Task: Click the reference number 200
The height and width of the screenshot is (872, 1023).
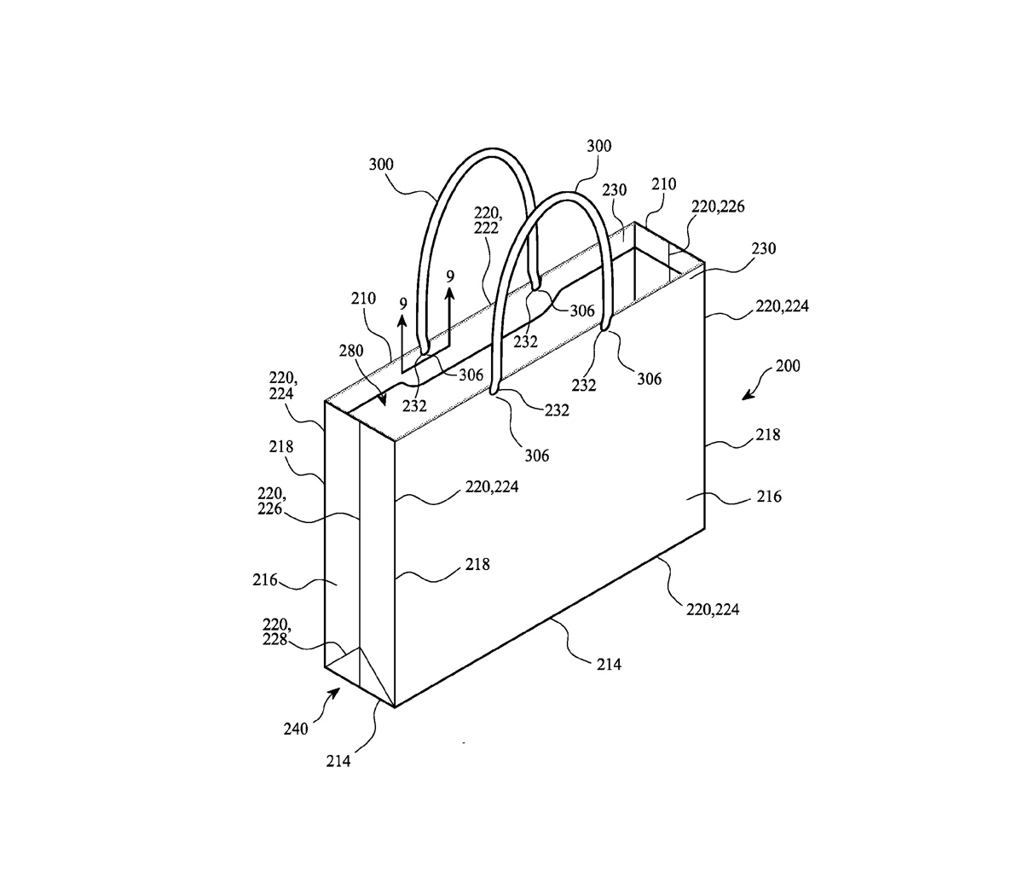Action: (x=788, y=367)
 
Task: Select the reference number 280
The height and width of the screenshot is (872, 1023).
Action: (x=350, y=350)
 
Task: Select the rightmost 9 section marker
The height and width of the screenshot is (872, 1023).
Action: (x=450, y=277)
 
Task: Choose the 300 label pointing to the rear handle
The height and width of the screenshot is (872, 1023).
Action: (x=382, y=162)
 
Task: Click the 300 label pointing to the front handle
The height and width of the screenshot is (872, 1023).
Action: (x=599, y=146)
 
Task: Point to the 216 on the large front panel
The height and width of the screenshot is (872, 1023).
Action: (x=768, y=496)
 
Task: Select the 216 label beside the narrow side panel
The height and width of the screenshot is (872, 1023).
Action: (x=265, y=579)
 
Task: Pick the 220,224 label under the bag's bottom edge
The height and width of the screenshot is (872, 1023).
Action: (x=714, y=609)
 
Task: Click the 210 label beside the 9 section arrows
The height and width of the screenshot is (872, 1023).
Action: (x=361, y=301)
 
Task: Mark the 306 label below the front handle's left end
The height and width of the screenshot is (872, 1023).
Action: (x=537, y=455)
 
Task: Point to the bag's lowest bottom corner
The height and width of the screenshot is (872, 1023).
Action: (x=395, y=707)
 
